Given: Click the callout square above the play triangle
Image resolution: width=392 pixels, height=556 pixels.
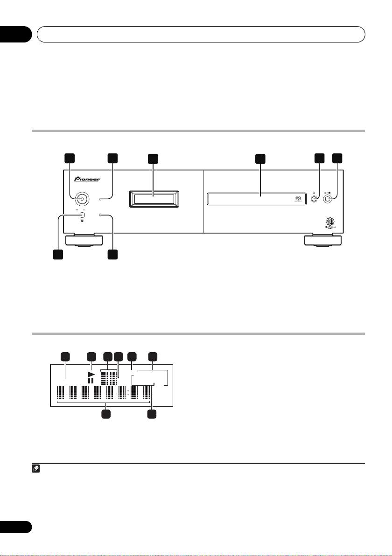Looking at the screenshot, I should pos(91,357).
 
